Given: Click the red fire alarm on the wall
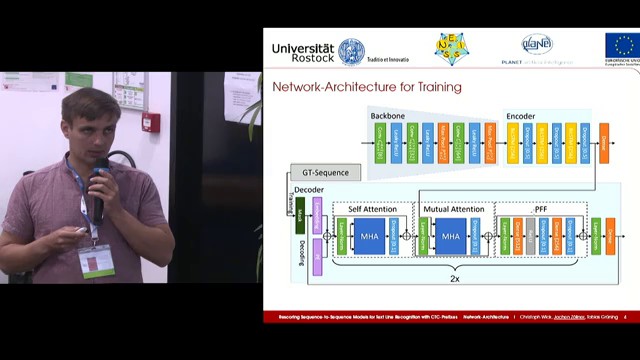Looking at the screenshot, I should (151, 122).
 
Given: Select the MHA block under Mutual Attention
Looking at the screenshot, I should (453, 237).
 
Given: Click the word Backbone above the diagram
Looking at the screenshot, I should (388, 116).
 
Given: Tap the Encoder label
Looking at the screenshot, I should (521, 116).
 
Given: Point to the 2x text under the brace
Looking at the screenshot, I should (454, 282).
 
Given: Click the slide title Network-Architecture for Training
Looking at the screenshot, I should (367, 87).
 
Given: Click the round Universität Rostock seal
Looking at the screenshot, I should (351, 50).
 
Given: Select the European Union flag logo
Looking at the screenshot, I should (621, 45).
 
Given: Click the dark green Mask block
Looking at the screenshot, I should (299, 211).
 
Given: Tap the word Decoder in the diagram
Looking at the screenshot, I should (310, 190).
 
